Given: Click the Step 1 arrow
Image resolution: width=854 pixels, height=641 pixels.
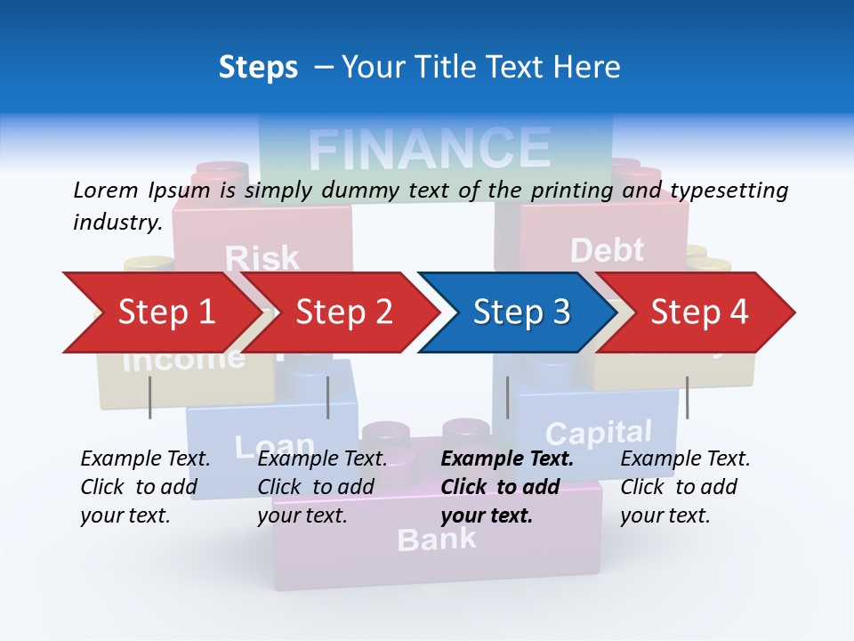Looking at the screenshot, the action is (160, 312).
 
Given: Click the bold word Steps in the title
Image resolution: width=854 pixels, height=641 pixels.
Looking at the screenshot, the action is (258, 67).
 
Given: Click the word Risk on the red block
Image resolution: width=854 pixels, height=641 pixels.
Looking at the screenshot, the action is (262, 258).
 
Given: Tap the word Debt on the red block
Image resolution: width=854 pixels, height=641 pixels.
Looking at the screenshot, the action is (607, 250).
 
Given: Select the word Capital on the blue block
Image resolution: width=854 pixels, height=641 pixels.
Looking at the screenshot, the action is (599, 434).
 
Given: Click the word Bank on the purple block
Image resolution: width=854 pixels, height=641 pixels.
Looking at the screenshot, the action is (437, 539).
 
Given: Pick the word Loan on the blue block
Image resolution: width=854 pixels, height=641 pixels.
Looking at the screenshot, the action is (274, 444).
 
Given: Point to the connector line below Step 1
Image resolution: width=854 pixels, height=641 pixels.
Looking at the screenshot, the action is (150, 397).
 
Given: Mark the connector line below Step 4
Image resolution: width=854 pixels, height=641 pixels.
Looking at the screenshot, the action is (687, 397).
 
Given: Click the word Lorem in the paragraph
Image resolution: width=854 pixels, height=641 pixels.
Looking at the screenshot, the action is (106, 190).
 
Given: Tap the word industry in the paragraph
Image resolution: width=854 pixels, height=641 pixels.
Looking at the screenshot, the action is (117, 222).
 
